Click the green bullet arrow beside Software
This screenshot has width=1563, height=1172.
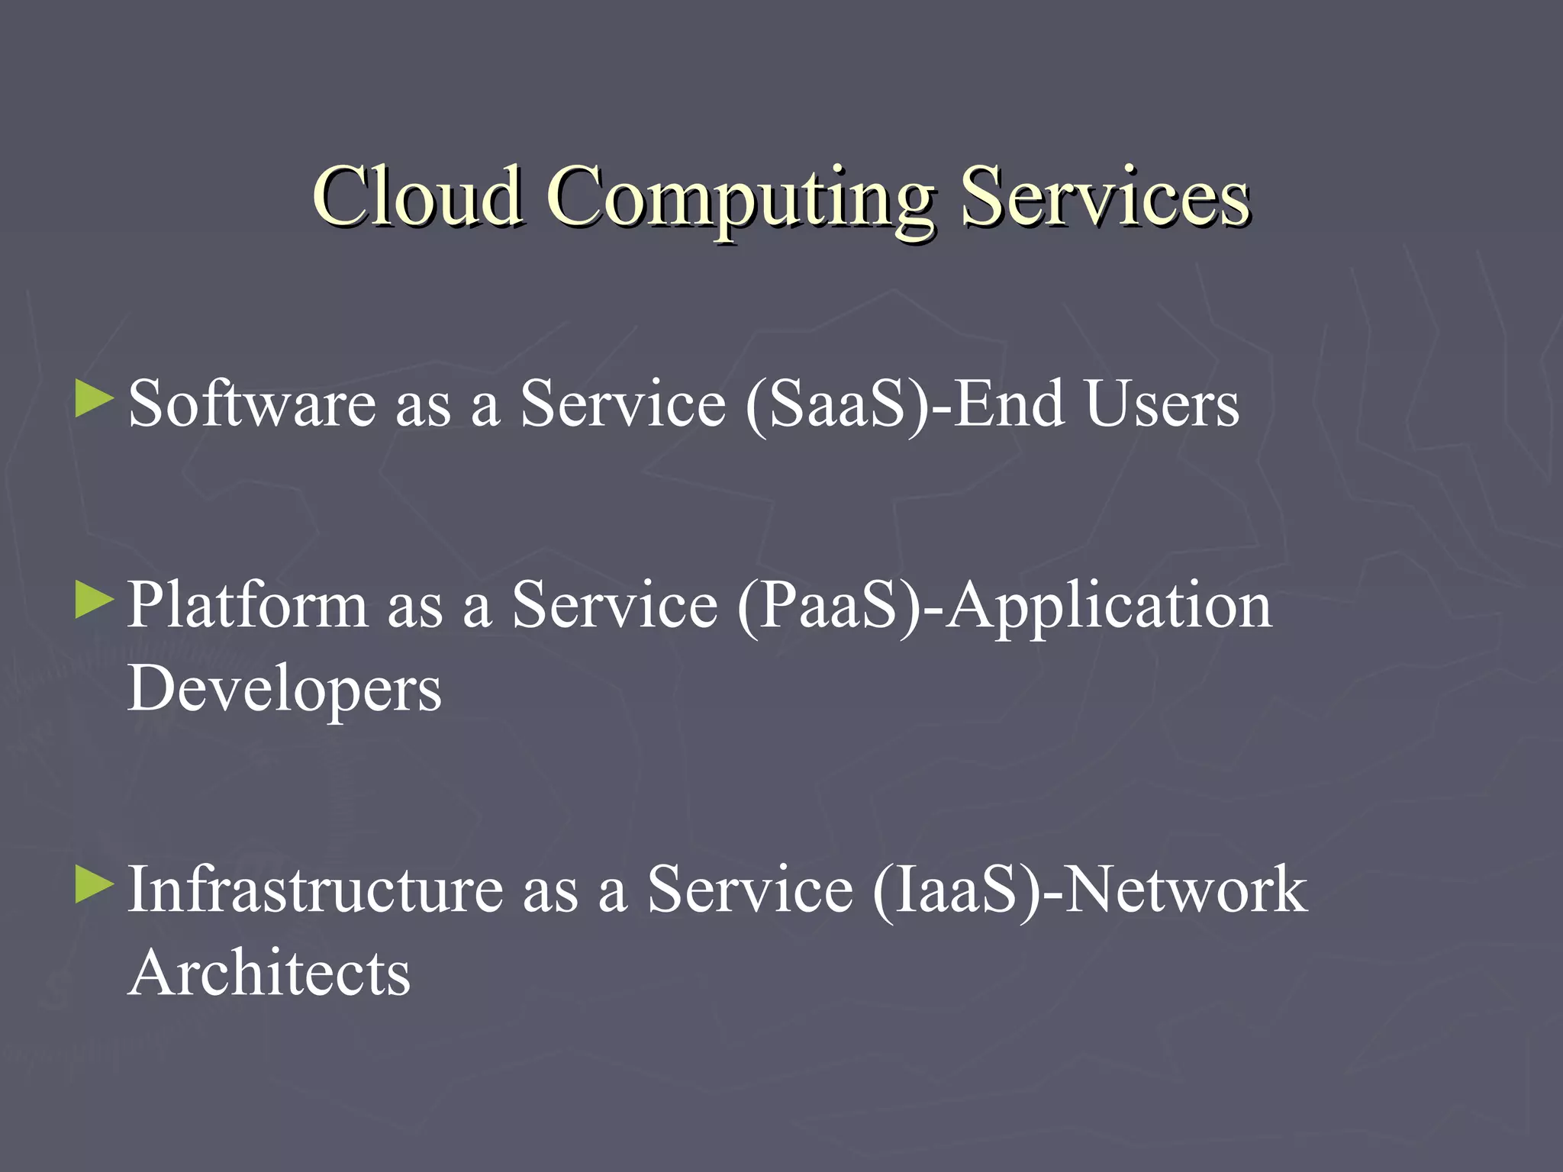95,400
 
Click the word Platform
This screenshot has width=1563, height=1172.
247,604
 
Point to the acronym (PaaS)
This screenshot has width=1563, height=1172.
829,606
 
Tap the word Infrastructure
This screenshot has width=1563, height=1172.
315,889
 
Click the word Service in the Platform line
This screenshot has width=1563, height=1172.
615,604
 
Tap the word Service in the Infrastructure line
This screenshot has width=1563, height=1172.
750,889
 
